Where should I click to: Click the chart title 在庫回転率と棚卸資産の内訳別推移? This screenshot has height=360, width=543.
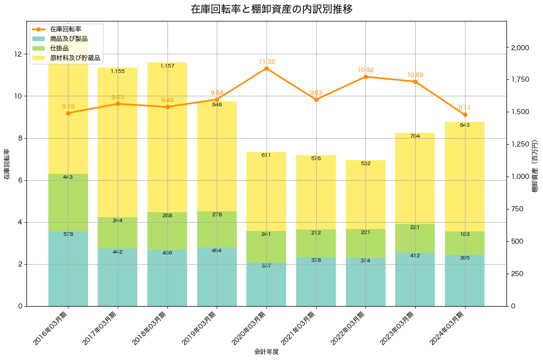(x=271, y=10)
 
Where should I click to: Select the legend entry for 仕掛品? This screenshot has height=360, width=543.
(x=59, y=48)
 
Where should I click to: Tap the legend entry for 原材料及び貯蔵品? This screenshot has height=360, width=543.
(x=75, y=58)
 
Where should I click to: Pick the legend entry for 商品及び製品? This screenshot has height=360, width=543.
(x=69, y=39)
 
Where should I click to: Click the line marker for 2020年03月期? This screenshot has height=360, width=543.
(x=266, y=68)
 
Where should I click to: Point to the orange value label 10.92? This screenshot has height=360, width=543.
(x=366, y=70)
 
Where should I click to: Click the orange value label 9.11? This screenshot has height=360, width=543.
(x=465, y=108)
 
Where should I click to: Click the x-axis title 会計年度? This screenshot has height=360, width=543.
(x=266, y=352)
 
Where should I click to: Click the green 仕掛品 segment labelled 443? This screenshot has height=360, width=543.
(x=68, y=203)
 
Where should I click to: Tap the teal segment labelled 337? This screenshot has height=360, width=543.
(x=266, y=284)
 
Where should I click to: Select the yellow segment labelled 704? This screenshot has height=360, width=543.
(x=415, y=178)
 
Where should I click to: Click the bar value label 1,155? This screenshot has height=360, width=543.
(x=118, y=71)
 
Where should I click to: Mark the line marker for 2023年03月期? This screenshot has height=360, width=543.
(x=415, y=82)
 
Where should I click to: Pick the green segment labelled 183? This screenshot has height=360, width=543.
(x=465, y=243)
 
